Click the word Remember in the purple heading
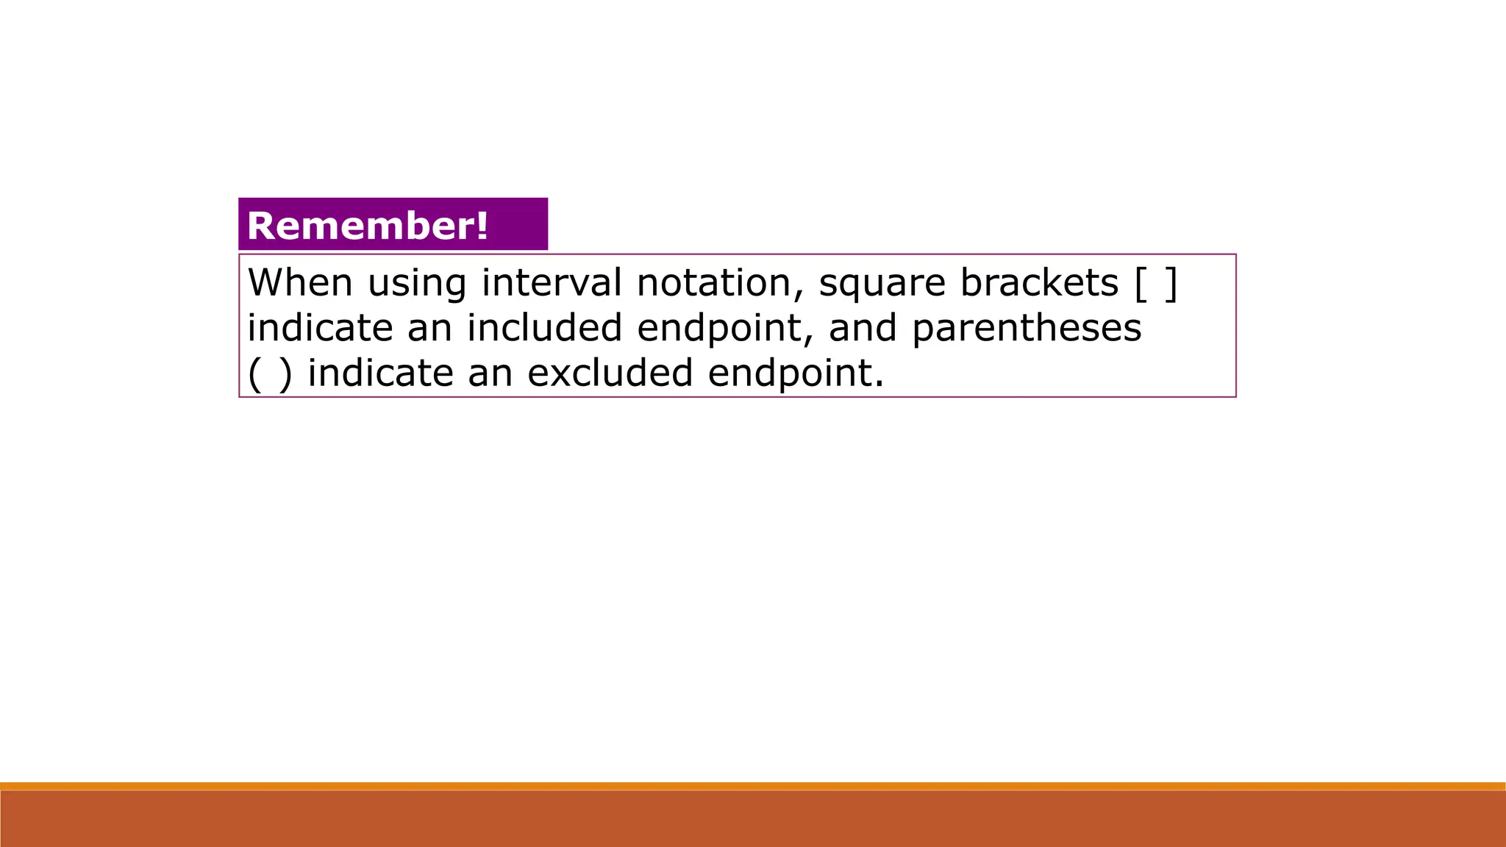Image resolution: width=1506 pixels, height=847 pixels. point(360,226)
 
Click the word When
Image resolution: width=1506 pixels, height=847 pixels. point(300,282)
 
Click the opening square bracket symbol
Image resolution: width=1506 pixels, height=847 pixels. point(1141,284)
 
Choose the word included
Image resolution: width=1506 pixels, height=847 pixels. point(545,328)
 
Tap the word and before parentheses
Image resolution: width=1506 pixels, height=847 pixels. point(863,328)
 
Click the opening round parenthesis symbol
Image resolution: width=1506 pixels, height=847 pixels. point(254,374)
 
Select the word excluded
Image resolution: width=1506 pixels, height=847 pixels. point(610,374)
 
